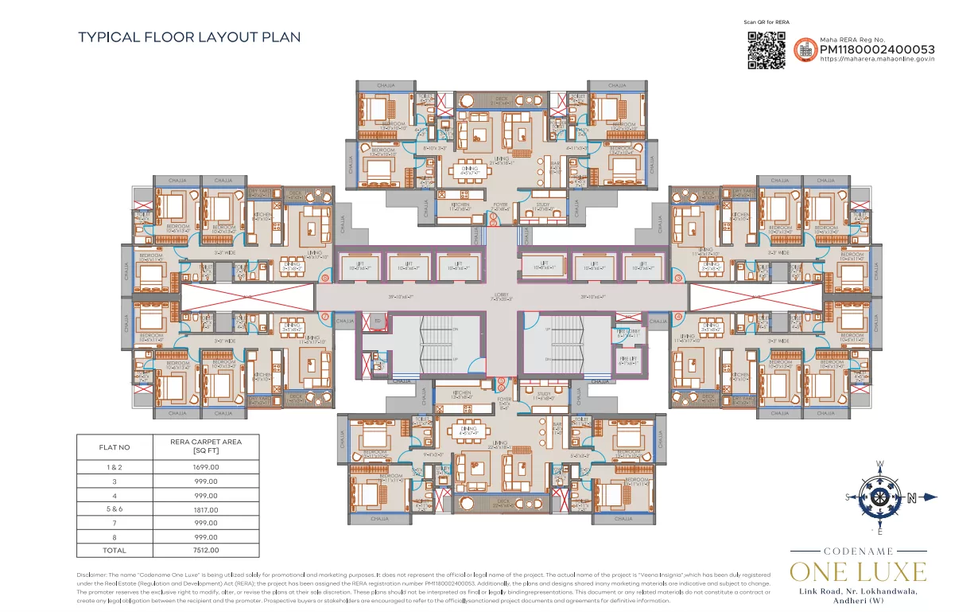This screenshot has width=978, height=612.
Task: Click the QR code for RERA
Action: (x=766, y=50)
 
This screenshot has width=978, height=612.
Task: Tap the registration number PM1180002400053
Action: (x=876, y=49)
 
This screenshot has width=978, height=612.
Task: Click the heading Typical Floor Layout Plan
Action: (x=189, y=37)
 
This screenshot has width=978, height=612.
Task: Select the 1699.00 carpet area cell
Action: (x=195, y=468)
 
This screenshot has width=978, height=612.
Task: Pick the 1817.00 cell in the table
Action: (x=195, y=509)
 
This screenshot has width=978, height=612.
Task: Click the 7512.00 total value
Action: (x=195, y=550)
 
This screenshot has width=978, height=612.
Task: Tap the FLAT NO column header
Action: (x=114, y=447)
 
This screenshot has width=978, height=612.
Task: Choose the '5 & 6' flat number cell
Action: (x=114, y=509)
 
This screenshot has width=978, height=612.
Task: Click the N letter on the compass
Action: (x=912, y=498)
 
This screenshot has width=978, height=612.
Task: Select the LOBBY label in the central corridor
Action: (x=502, y=298)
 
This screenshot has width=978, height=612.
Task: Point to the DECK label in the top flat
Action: (x=502, y=99)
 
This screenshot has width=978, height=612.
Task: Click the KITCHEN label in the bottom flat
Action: (x=462, y=393)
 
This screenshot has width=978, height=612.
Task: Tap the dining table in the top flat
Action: (x=470, y=169)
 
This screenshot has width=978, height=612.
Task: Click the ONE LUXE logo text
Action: (x=858, y=571)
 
